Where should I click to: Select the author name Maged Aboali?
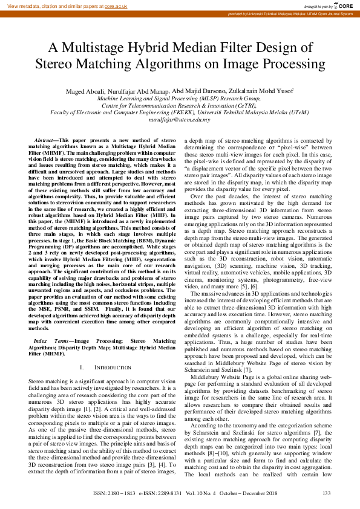[x=85, y=91]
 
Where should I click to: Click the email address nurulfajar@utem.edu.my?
[x=179, y=120]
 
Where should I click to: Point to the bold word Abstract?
[x=47, y=140]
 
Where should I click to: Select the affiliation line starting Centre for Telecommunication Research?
[x=179, y=105]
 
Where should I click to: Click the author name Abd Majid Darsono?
[x=198, y=91]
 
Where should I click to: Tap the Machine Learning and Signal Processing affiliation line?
[x=179, y=98]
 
